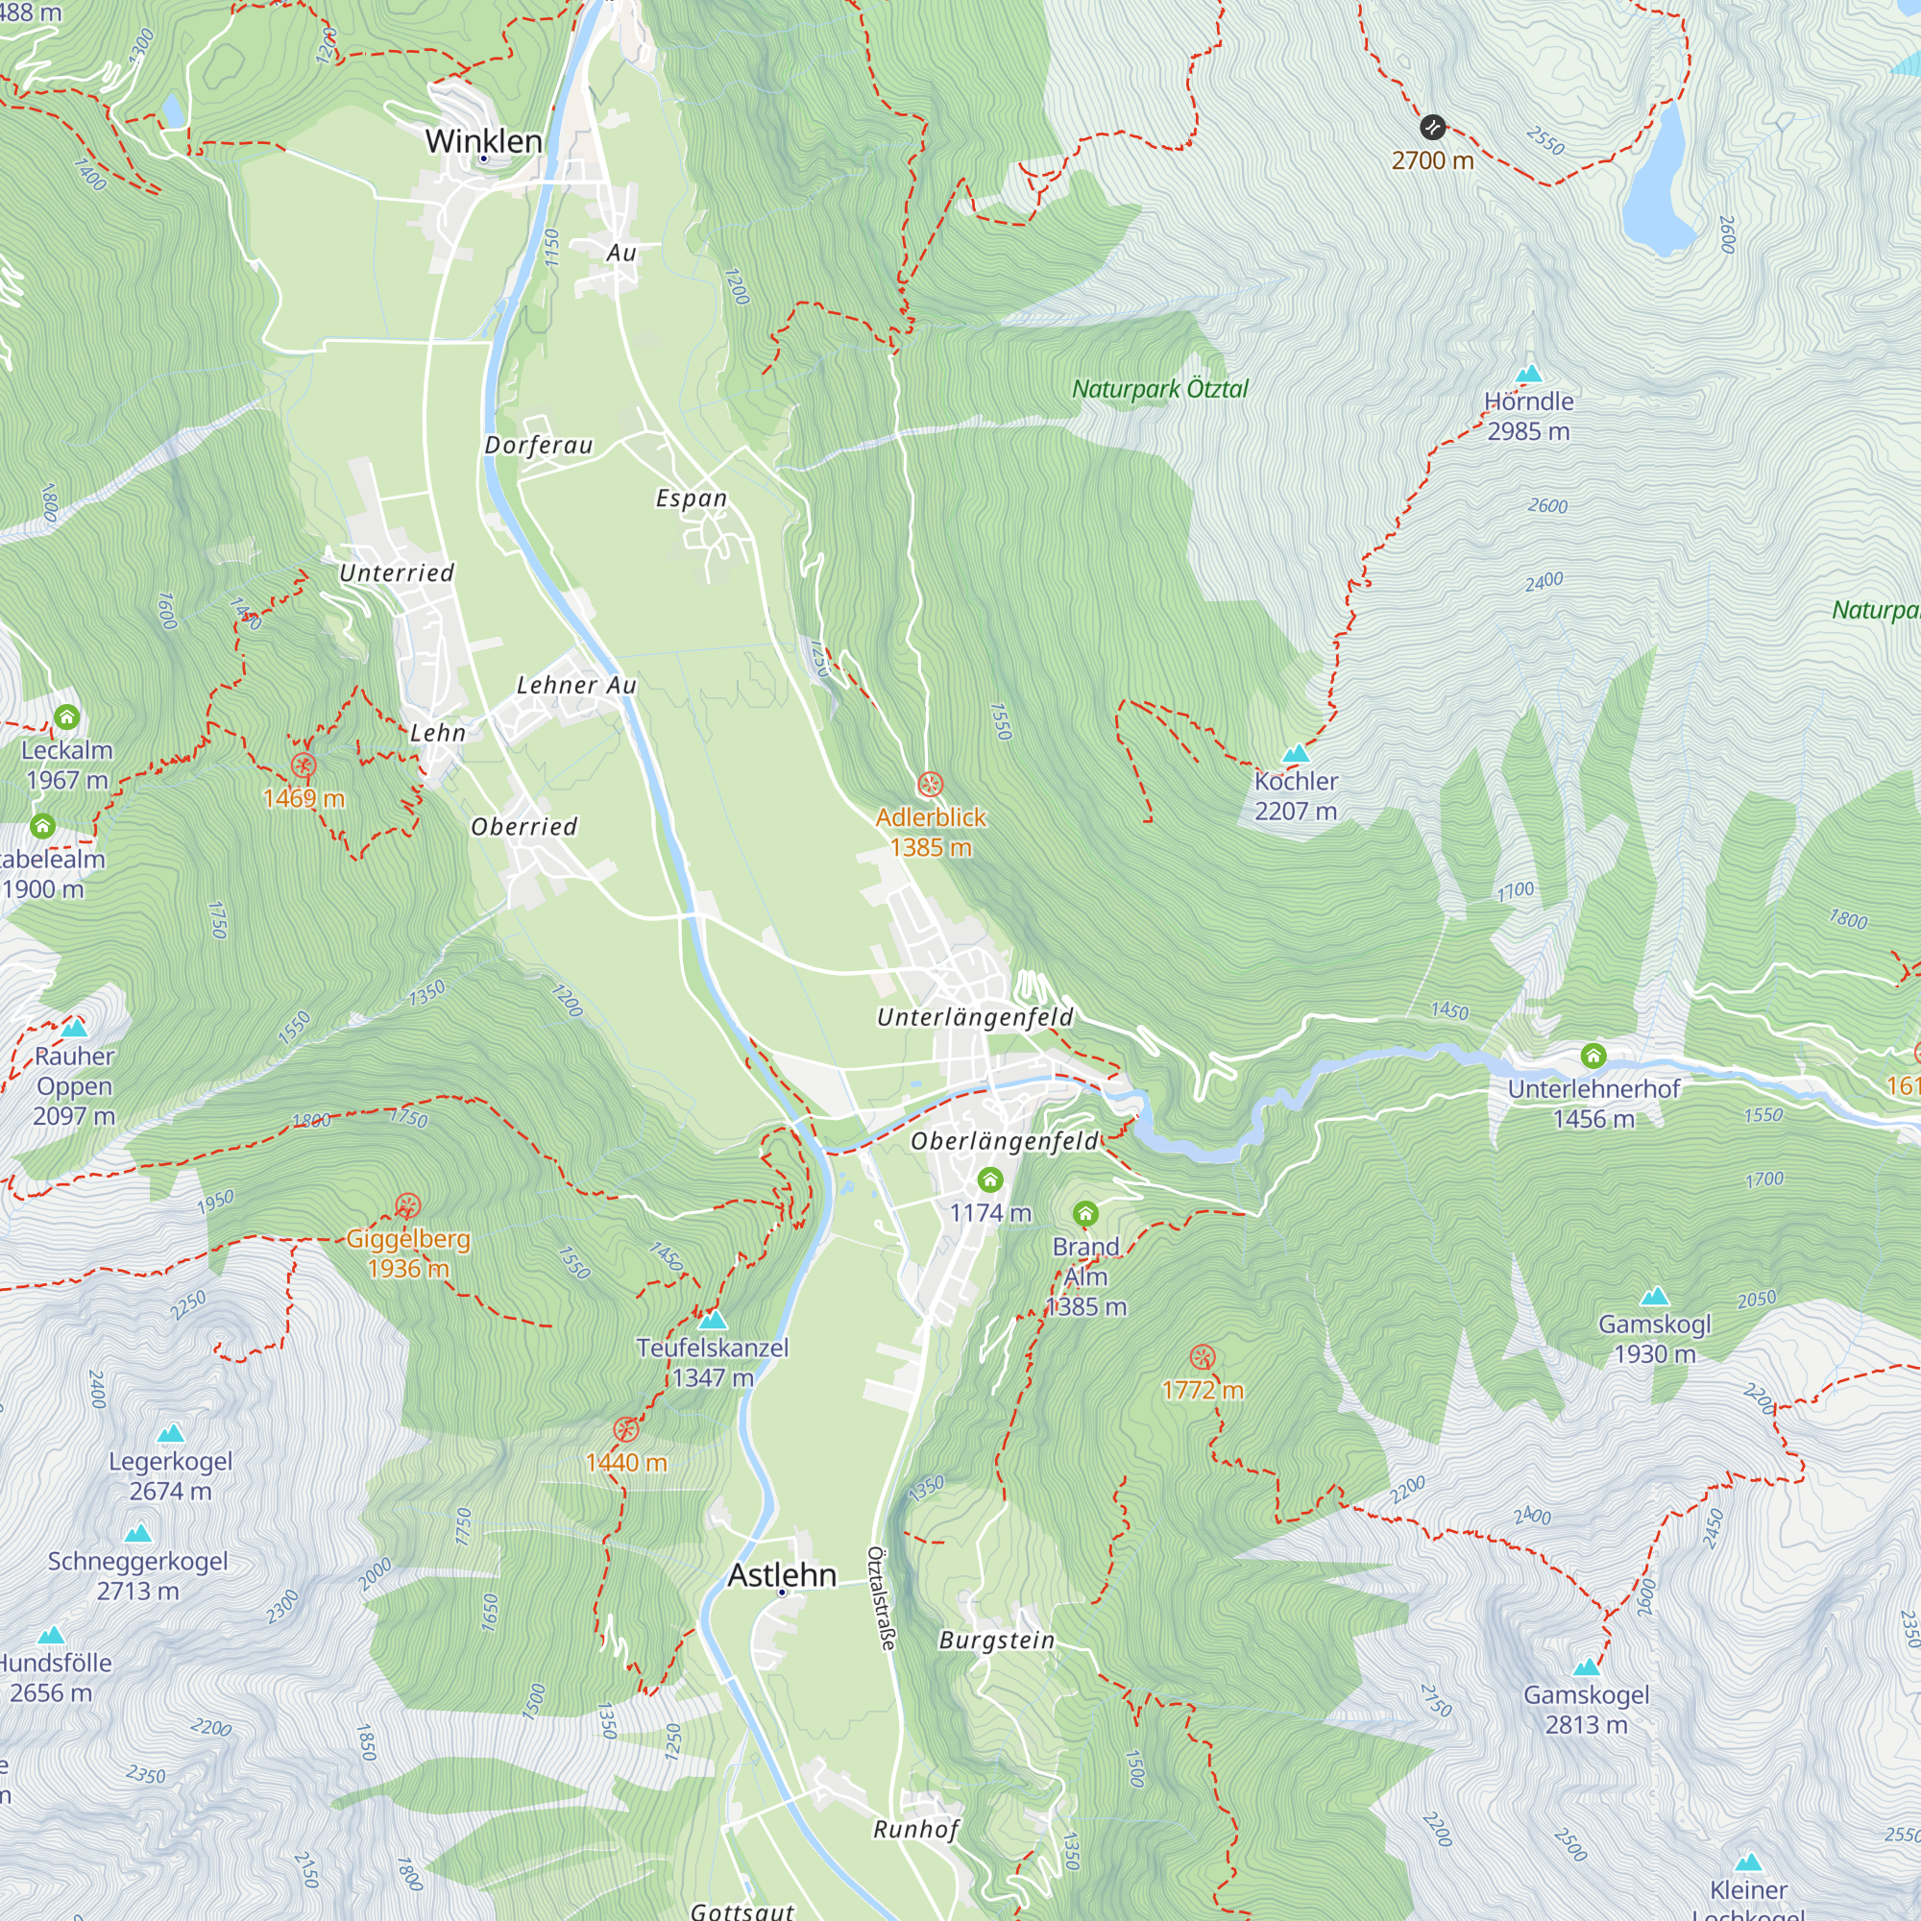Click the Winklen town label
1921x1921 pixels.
click(483, 141)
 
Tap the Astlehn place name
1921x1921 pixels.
click(782, 1575)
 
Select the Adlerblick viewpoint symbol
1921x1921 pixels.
click(930, 785)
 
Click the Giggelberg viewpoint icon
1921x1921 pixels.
click(407, 1206)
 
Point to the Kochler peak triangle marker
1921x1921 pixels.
click(1296, 754)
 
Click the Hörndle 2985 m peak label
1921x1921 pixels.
click(1528, 416)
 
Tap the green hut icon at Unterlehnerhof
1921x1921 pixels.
click(1593, 1055)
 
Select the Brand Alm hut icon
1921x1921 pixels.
click(1085, 1213)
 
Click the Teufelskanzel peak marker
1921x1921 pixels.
click(713, 1321)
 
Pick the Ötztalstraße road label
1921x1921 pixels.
click(881, 1598)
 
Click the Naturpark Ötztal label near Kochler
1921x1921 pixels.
click(1159, 389)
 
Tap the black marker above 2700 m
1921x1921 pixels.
click(1432, 128)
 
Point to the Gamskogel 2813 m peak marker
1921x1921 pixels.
click(1586, 1667)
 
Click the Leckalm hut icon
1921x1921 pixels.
click(66, 716)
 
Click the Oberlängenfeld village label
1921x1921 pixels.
click(1005, 1140)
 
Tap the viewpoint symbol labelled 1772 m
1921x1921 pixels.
click(1203, 1357)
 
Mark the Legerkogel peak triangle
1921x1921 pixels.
click(171, 1433)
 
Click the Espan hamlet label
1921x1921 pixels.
click(691, 498)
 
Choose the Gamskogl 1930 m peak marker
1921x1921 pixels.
click(1655, 1297)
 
